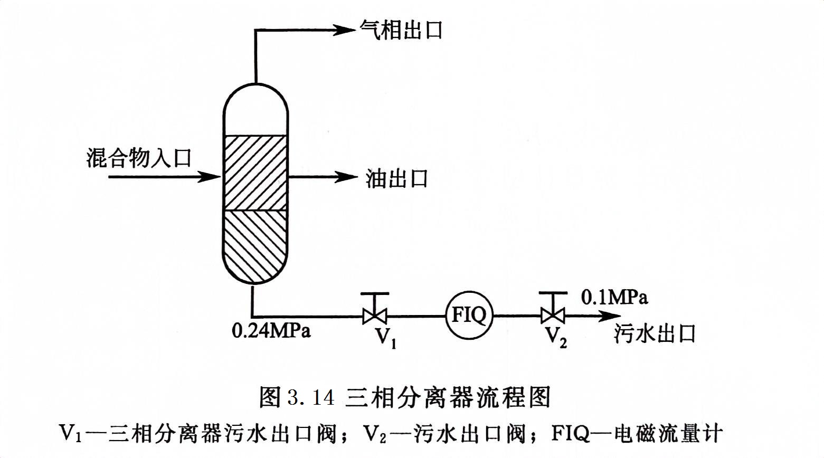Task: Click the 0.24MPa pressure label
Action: [271, 331]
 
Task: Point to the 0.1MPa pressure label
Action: [614, 298]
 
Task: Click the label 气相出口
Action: [401, 30]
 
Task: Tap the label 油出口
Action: [396, 179]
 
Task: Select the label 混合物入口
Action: [139, 158]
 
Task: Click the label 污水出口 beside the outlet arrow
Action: [655, 333]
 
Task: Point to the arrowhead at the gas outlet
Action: [346, 30]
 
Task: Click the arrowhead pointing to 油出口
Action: [346, 177]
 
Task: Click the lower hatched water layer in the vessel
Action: [255, 243]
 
